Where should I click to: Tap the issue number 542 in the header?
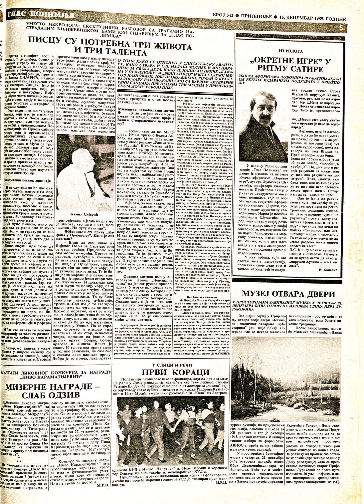230,19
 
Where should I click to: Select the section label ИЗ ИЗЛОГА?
291,51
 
